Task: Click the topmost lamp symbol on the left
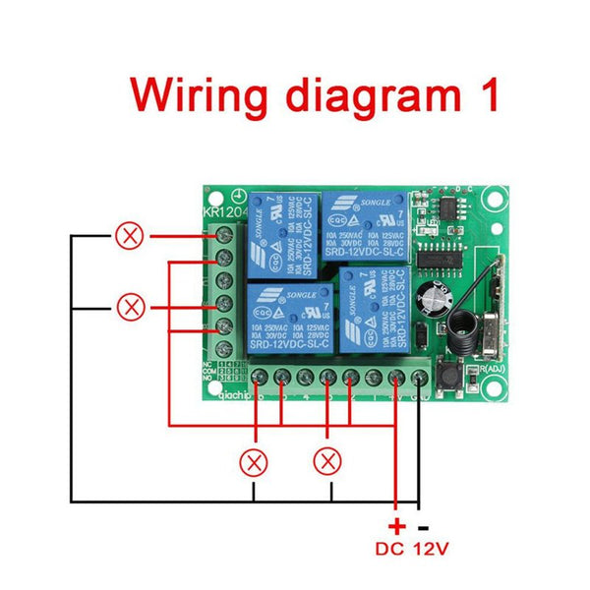pyautogui.click(x=130, y=236)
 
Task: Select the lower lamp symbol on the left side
pyautogui.click(x=130, y=306)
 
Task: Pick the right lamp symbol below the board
pyautogui.click(x=328, y=459)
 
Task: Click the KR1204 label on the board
pyautogui.click(x=220, y=213)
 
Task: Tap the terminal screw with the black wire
pyautogui.click(x=420, y=378)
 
